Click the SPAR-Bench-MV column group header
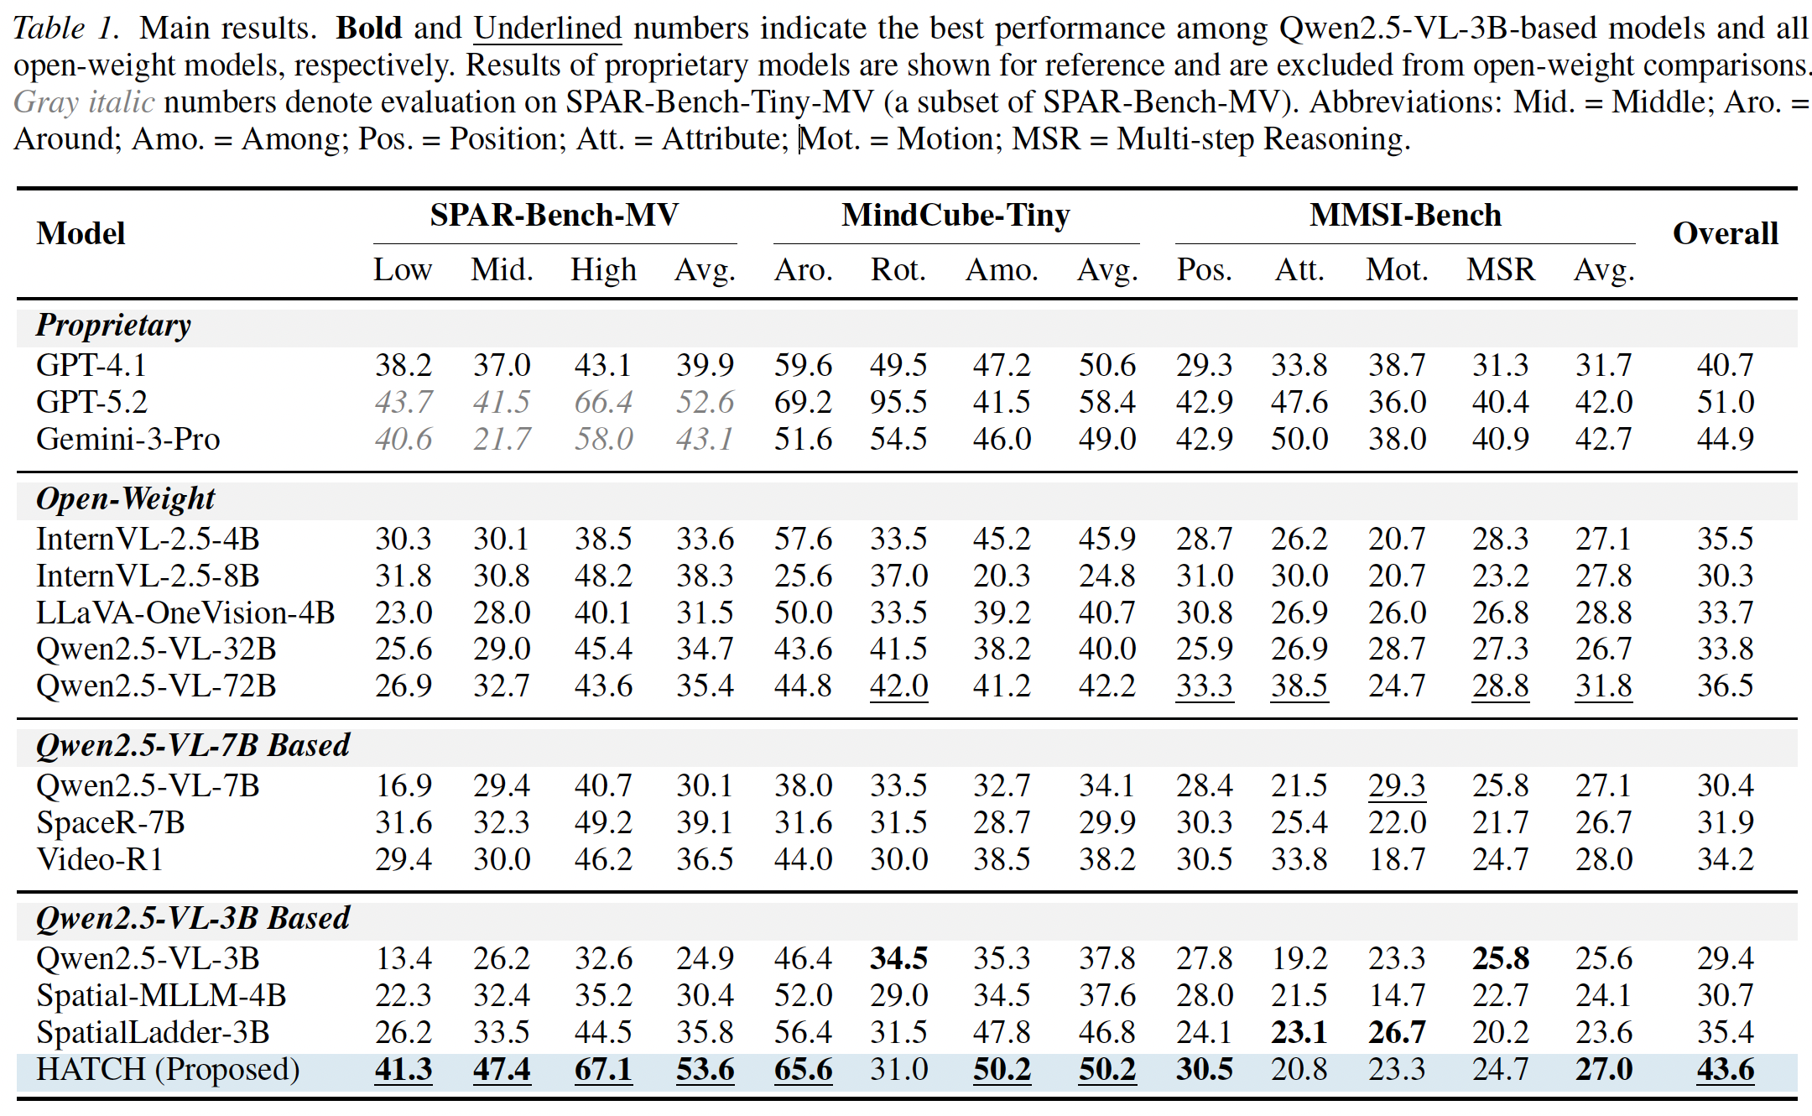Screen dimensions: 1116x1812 [554, 216]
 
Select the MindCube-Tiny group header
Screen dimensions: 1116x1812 [955, 216]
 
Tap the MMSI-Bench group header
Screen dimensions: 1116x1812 [1405, 216]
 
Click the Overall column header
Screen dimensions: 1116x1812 [1725, 233]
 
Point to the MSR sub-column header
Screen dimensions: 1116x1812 [1500, 270]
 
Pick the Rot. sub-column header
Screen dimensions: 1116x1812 [898, 270]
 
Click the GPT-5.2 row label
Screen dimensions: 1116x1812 [91, 402]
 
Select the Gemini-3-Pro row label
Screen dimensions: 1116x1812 [128, 439]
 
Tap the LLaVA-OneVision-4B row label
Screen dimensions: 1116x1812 [185, 613]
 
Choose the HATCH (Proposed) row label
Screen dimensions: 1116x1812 [168, 1070]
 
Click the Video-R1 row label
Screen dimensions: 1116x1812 [100, 859]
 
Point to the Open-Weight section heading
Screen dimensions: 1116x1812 [125, 498]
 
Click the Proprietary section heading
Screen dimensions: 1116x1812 [113, 325]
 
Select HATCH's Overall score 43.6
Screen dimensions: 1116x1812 [1725, 1070]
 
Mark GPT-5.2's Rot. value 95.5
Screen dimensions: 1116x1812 [898, 402]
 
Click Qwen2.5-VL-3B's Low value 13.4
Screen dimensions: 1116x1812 [403, 958]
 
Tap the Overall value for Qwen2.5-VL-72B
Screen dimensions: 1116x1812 [1725, 686]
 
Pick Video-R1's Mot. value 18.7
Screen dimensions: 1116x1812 [1397, 859]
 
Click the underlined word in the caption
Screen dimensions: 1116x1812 [547, 29]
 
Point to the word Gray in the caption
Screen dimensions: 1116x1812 [46, 102]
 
